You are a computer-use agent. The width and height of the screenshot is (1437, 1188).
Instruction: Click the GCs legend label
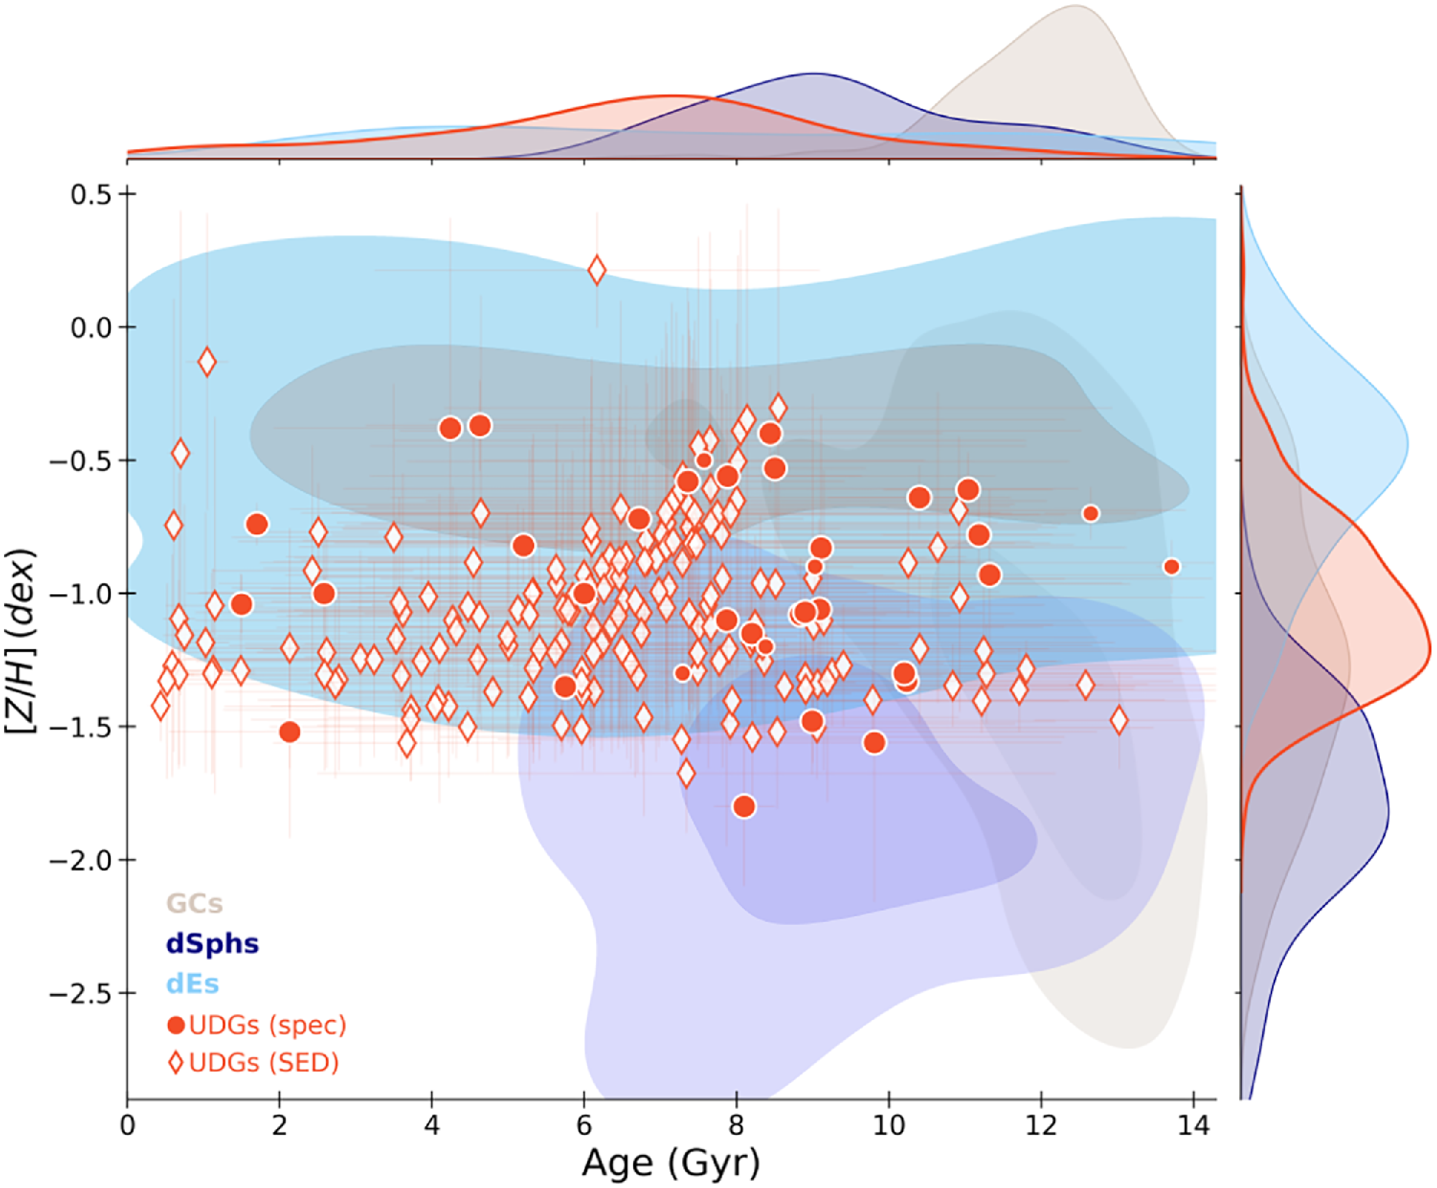[194, 904]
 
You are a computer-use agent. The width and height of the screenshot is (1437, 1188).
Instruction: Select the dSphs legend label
[212, 944]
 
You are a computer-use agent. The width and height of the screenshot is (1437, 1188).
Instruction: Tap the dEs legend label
[193, 984]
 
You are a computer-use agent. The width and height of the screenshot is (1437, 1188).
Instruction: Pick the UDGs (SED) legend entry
[254, 1062]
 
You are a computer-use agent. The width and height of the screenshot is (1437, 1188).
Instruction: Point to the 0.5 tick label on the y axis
[92, 194]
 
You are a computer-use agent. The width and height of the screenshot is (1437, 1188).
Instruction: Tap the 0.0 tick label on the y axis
[92, 327]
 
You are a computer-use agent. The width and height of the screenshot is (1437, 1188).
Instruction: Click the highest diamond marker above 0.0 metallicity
[596, 270]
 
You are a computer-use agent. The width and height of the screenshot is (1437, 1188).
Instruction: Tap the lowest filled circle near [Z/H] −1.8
[744, 807]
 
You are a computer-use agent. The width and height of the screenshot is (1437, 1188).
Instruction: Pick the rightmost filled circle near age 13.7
[1172, 567]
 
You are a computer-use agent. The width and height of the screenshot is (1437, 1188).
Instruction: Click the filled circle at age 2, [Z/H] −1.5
[289, 732]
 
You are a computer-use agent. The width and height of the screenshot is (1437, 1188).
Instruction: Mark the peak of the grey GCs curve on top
[1075, 6]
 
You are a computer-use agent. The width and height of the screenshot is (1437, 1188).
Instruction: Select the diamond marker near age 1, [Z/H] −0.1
[207, 362]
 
